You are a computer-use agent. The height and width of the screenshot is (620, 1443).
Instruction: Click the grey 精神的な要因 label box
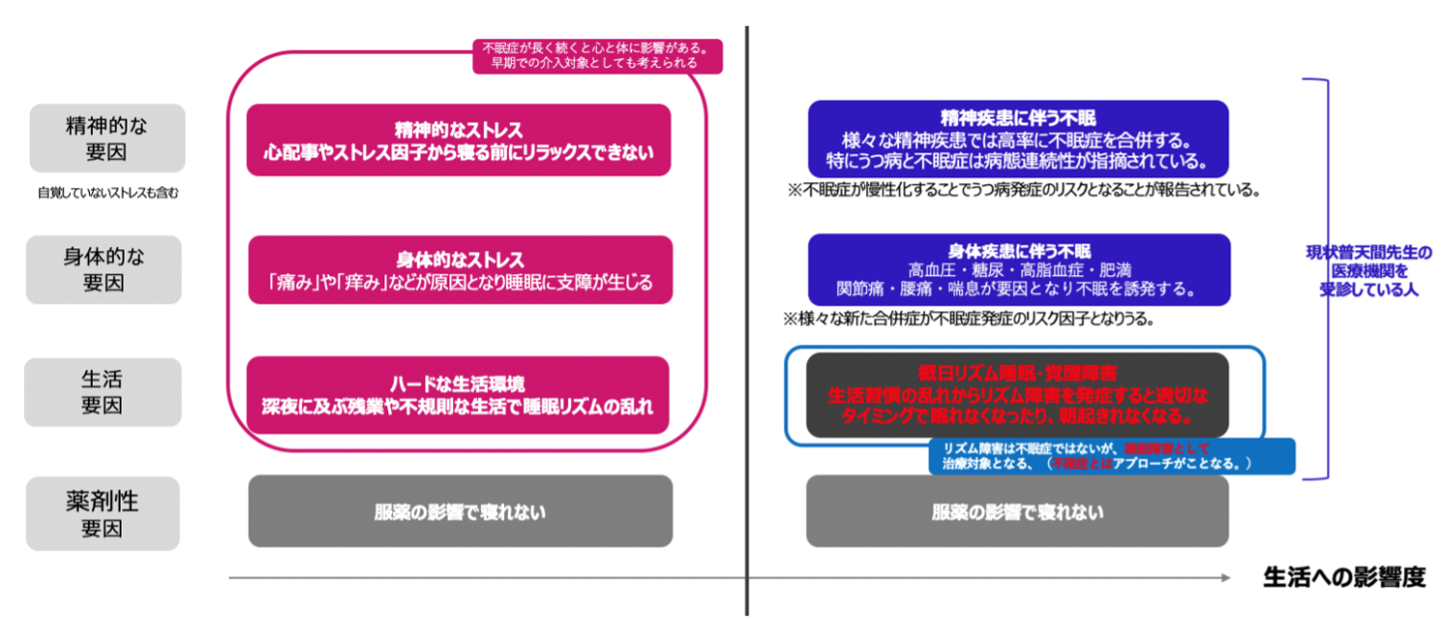coord(107,138)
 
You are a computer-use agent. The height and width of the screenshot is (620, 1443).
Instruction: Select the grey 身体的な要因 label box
coord(107,269)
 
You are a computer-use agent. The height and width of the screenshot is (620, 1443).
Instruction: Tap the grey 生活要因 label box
coord(103,392)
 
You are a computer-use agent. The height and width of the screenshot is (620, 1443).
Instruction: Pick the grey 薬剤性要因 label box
coord(103,514)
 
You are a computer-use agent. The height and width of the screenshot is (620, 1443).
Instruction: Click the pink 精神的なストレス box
coord(458,140)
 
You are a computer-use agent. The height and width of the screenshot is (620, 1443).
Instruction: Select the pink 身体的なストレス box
coord(460,270)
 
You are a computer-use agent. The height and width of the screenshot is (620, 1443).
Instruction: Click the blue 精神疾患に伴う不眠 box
coord(1017,139)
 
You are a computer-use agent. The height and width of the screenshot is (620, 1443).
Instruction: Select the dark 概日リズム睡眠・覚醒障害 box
coord(1017,395)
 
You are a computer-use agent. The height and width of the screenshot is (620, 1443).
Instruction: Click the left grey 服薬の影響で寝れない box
coord(460,512)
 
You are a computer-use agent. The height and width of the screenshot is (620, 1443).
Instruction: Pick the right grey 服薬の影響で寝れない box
coord(1018,512)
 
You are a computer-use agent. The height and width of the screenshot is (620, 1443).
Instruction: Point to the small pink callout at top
coord(597,55)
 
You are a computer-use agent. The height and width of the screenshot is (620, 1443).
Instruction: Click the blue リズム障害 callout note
coord(1111,456)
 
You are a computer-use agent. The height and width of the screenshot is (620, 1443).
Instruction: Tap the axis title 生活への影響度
coord(1343,577)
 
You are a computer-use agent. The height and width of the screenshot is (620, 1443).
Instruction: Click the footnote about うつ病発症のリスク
coord(1022,190)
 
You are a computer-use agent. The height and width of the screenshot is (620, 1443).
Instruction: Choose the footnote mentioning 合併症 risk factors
coord(970,318)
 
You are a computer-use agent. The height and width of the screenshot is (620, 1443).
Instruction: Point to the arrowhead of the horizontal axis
coord(1225,577)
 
